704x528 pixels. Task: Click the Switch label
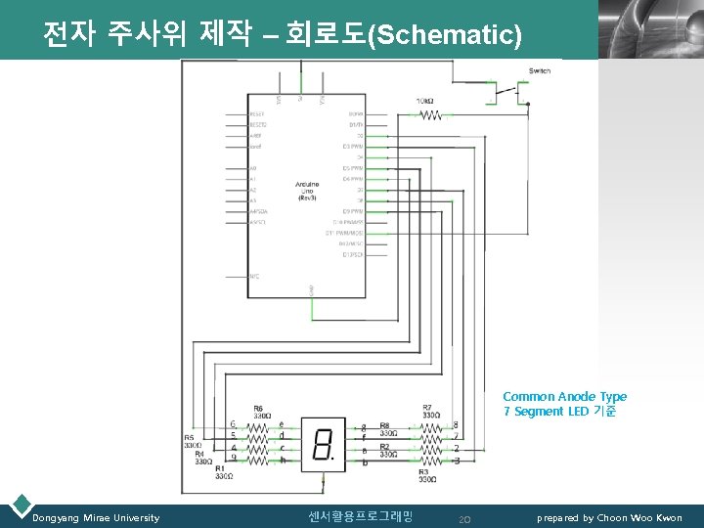point(539,71)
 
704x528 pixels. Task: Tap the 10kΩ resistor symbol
point(430,114)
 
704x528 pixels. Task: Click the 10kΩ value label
point(425,101)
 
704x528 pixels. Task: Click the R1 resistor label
point(225,470)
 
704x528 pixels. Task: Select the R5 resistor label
point(189,438)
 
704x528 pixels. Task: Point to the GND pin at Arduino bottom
point(312,289)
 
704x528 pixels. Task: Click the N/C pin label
point(254,277)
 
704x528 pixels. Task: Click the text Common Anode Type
point(564,396)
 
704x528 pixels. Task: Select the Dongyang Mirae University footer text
point(96,517)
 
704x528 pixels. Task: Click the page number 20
point(464,518)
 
